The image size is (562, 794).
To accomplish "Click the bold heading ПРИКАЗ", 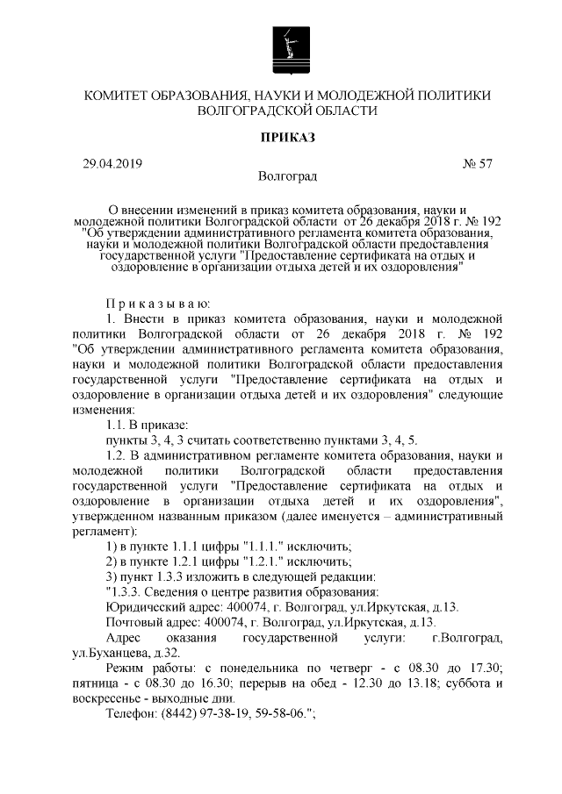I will (x=288, y=138).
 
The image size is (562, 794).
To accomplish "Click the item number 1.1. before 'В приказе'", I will (x=119, y=425).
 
